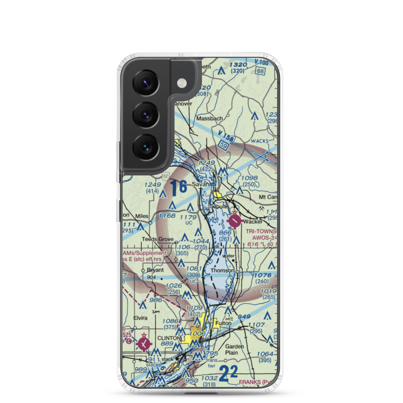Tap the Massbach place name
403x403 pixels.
(x=207, y=119)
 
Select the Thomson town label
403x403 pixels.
(x=222, y=270)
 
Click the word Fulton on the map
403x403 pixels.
(x=223, y=323)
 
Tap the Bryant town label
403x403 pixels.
(x=155, y=270)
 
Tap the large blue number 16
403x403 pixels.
(x=178, y=188)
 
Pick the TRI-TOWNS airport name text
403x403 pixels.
(x=261, y=231)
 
